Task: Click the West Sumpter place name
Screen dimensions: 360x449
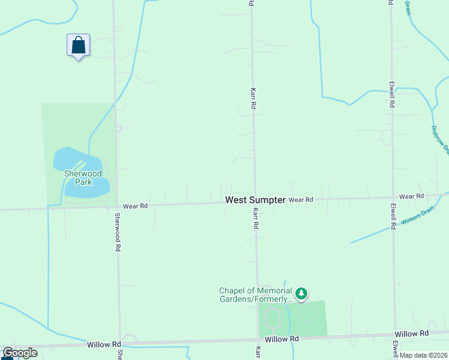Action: (x=255, y=200)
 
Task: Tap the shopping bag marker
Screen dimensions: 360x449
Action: (x=78, y=45)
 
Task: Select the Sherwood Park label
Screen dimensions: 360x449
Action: (x=83, y=178)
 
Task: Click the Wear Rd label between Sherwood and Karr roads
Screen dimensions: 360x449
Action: (x=135, y=206)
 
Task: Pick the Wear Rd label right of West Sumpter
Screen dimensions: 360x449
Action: (x=301, y=199)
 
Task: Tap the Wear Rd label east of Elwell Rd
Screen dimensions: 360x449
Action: (x=411, y=196)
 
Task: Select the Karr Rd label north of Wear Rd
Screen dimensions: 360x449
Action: (x=253, y=97)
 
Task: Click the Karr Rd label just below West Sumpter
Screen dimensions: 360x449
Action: (x=256, y=218)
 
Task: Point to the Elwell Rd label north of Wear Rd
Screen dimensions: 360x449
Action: (x=391, y=94)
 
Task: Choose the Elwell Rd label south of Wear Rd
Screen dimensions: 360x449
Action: (x=393, y=217)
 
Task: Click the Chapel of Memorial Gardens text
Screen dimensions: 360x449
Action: (x=255, y=295)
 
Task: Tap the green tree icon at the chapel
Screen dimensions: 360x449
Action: (x=301, y=294)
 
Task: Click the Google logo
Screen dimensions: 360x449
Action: (x=20, y=353)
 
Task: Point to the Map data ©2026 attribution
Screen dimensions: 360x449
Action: (x=423, y=355)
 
